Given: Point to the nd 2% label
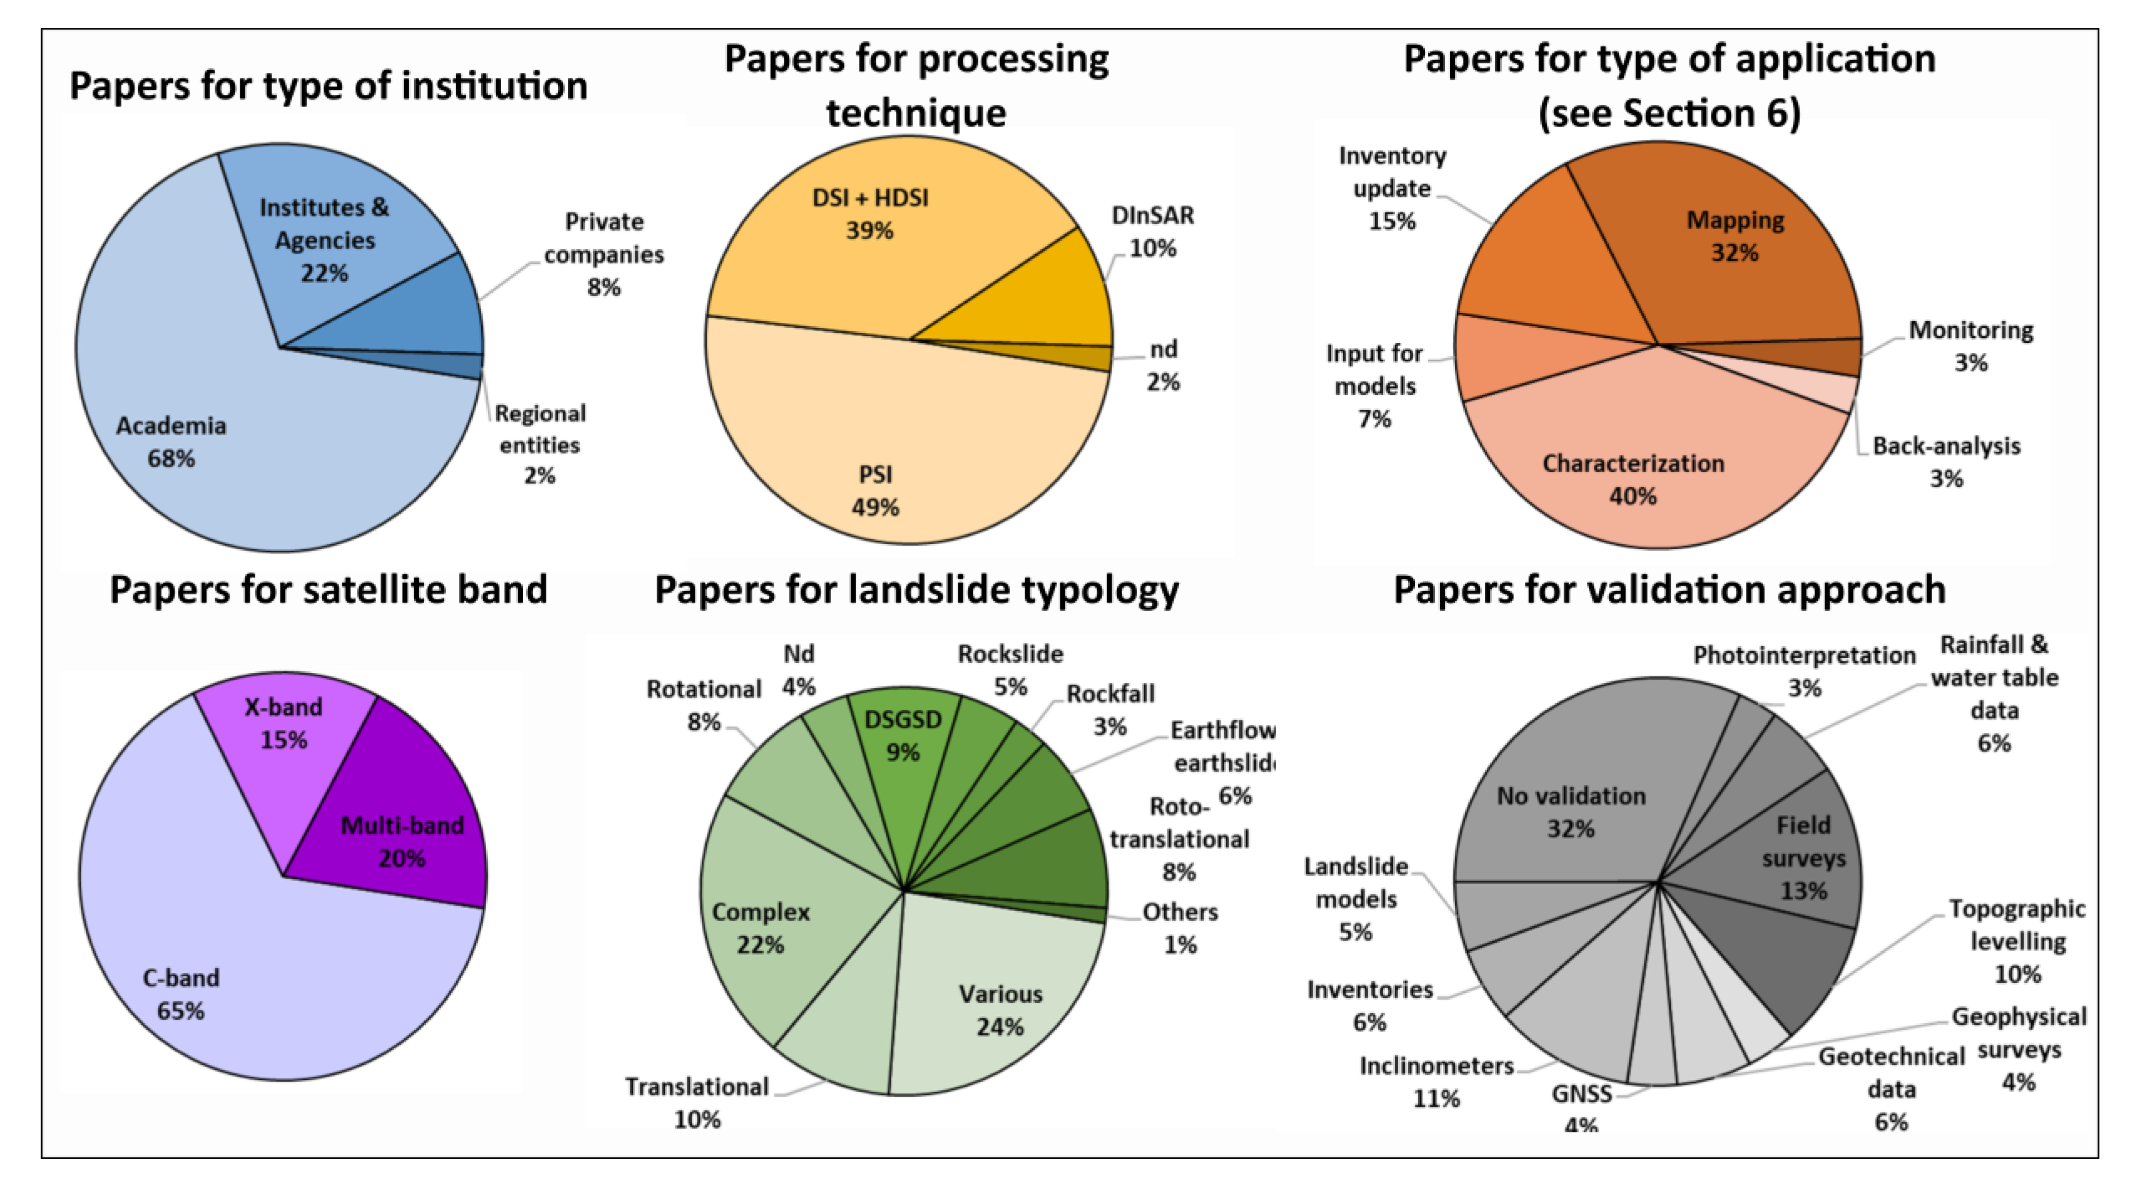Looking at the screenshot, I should tap(1163, 365).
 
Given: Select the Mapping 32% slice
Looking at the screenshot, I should tap(1731, 250).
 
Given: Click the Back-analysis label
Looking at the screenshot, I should tap(1946, 462).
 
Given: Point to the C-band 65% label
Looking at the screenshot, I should tap(181, 994).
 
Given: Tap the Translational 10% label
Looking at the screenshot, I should tap(697, 1103).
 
